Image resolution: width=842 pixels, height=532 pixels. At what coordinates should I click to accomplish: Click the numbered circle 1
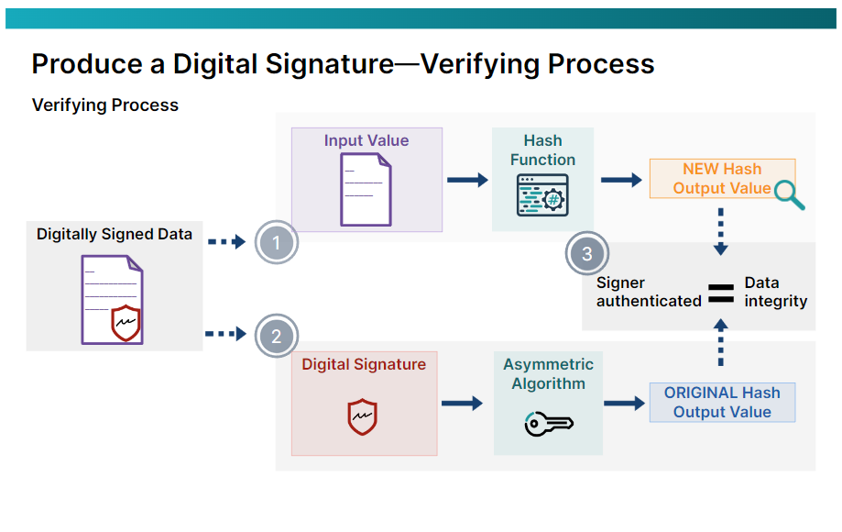[x=277, y=242]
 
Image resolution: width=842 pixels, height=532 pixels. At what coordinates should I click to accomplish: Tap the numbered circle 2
[x=277, y=336]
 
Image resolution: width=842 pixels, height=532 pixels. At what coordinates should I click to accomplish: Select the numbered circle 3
[x=587, y=254]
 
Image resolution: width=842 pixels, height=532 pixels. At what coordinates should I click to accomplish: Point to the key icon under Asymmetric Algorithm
[x=548, y=423]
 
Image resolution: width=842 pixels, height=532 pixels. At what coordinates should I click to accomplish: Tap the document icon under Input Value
[x=366, y=189]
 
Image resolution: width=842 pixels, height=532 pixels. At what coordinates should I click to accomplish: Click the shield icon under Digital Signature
[x=363, y=416]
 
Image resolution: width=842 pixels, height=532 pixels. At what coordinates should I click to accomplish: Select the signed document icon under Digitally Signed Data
[x=113, y=299]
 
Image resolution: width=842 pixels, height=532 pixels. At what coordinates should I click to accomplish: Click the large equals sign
[x=722, y=293]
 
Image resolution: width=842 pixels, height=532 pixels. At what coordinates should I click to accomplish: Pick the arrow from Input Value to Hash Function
[x=467, y=180]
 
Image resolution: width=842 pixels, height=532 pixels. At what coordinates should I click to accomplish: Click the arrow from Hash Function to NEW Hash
[x=621, y=180]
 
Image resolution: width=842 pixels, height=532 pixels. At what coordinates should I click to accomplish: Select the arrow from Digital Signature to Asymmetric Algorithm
[x=462, y=403]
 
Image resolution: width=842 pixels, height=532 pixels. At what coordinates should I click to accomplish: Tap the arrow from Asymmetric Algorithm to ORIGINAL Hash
[x=625, y=403]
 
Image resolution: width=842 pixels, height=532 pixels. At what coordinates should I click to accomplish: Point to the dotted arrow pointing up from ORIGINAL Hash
[x=721, y=343]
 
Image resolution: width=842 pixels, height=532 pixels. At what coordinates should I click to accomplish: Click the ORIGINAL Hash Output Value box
[x=722, y=403]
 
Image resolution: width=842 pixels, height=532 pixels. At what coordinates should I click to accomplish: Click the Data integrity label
[x=775, y=292]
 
